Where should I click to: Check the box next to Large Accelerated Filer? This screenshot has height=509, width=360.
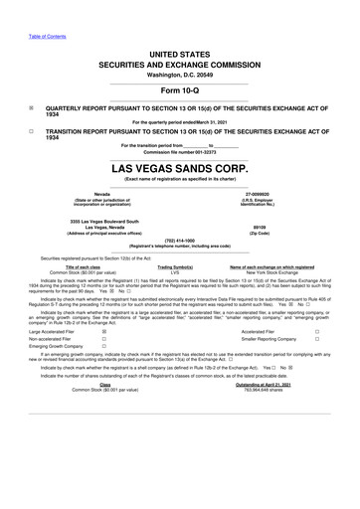pos(104,330)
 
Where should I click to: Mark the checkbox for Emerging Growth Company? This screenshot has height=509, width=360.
pos(104,348)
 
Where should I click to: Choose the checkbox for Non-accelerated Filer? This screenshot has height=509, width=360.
pos(104,339)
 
